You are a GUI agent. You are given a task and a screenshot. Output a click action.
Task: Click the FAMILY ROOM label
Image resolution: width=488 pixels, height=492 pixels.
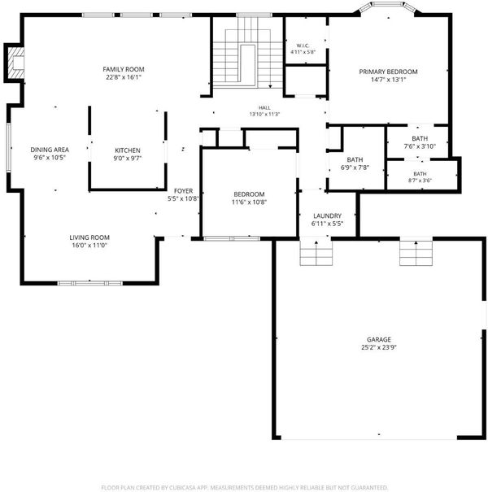tap(124, 69)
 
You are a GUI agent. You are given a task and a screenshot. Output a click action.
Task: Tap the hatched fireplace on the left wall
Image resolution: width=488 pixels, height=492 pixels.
tap(15, 63)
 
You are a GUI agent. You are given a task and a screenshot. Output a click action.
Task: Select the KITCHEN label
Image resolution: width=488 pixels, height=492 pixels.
tap(128, 150)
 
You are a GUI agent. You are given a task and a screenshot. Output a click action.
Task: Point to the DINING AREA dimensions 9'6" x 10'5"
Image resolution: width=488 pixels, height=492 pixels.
tap(50, 158)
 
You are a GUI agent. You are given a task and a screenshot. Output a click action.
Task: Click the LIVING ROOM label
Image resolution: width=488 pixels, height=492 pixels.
tap(89, 237)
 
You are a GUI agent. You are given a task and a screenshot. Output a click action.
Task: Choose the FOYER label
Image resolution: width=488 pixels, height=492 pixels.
tap(183, 191)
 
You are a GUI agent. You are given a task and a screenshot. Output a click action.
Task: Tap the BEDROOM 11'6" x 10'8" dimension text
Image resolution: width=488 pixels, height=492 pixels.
tap(249, 202)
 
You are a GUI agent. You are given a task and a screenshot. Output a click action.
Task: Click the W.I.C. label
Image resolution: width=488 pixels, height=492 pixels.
tap(303, 46)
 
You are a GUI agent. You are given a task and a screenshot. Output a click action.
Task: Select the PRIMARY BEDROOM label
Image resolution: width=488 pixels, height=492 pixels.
tap(388, 72)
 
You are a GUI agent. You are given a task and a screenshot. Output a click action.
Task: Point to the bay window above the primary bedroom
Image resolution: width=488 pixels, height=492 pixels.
tap(388, 7)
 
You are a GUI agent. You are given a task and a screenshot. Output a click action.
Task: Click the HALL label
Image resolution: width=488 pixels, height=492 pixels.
tap(264, 107)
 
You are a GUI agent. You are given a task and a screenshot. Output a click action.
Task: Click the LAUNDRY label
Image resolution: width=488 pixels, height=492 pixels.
tap(327, 216)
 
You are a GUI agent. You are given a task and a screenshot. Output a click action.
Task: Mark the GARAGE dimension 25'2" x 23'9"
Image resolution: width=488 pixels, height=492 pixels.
tap(379, 347)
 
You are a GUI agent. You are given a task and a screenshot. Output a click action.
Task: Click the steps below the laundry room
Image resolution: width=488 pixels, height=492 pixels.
tap(316, 253)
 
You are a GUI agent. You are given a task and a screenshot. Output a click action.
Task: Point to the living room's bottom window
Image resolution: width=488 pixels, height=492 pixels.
tap(90, 283)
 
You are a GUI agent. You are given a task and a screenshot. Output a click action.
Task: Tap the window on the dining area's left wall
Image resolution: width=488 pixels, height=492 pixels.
tap(8, 147)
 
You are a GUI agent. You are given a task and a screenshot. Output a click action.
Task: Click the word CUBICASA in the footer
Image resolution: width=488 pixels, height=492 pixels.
tap(183, 488)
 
